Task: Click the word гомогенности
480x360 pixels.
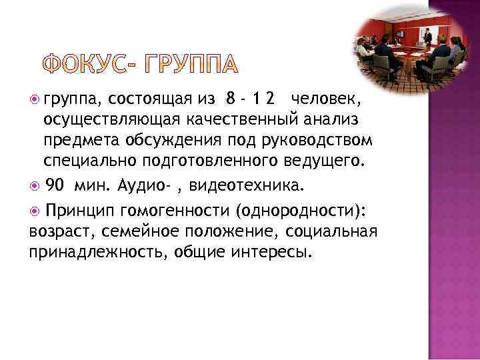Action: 175,211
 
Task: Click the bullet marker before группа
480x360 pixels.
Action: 35,101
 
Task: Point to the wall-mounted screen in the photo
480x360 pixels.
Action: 398,33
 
